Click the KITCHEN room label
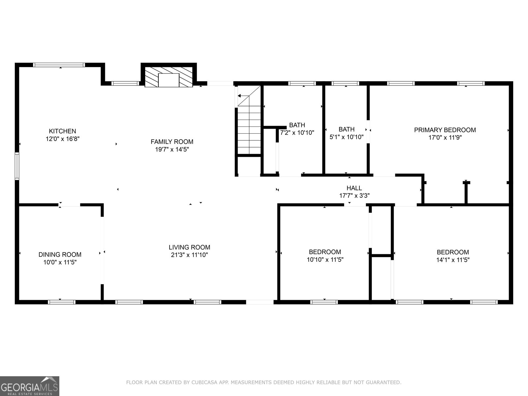coord(62,131)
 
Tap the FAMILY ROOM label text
coord(172,142)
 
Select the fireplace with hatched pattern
coord(169,77)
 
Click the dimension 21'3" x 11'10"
coord(189,255)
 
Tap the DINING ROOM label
coord(60,254)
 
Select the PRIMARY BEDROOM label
coord(445,130)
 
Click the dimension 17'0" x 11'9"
coord(445,138)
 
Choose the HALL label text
coord(354,188)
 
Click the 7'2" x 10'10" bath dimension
coord(297,133)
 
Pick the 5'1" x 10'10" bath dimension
coord(346,137)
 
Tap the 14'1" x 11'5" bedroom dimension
coord(453,260)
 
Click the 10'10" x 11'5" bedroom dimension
coord(325,260)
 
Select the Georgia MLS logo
coord(30,386)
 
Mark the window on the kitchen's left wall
coord(17,166)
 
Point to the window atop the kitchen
coord(59,65)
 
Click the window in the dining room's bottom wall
coord(62,302)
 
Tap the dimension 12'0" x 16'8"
coord(62,139)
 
